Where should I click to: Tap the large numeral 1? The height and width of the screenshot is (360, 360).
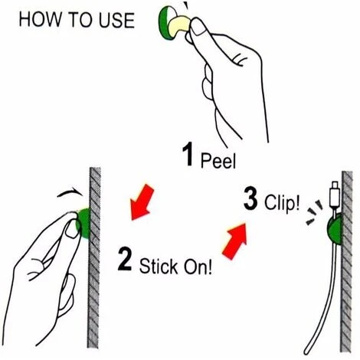[x=188, y=154]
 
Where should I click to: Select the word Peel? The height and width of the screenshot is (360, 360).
[x=218, y=161]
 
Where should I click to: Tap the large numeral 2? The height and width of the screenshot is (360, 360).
[x=125, y=259]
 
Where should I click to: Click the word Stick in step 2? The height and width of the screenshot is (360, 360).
[x=159, y=267]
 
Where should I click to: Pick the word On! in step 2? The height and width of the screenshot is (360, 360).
[x=198, y=267]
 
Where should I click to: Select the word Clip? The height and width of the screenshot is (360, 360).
[x=282, y=203]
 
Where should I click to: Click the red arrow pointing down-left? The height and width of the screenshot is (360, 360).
[x=141, y=202]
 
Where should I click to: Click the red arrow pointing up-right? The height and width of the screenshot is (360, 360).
[x=236, y=241]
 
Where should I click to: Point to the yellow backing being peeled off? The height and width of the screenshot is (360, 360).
[x=178, y=27]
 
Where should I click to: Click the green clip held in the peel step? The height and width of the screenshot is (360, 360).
[x=165, y=23]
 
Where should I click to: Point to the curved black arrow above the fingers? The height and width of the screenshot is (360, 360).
[x=70, y=192]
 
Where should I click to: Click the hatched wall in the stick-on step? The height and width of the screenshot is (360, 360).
[x=94, y=257]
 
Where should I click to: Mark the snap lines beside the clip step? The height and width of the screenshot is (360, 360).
[x=314, y=212]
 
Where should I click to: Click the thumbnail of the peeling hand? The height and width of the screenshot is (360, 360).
[x=198, y=28]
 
